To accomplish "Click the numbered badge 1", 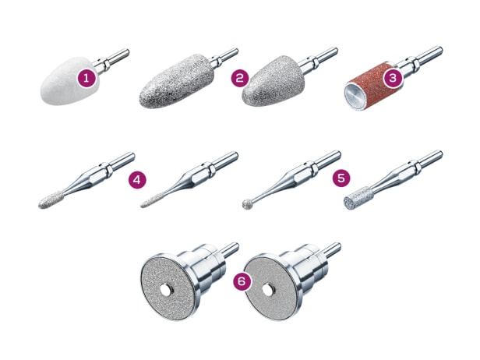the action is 86,79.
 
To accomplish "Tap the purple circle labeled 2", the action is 240,78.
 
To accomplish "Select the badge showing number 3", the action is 393,78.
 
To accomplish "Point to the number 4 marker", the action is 137,180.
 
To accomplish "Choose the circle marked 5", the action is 341,178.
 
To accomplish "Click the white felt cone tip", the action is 69,82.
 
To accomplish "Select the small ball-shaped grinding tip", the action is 247,204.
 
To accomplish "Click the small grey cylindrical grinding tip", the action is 358,198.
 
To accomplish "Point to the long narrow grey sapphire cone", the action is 177,81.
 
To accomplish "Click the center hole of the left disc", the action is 166,291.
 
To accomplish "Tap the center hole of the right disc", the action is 267,290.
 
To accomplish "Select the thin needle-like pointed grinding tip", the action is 153,200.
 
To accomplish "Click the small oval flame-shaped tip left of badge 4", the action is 51,200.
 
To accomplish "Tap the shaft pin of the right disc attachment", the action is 333,249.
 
